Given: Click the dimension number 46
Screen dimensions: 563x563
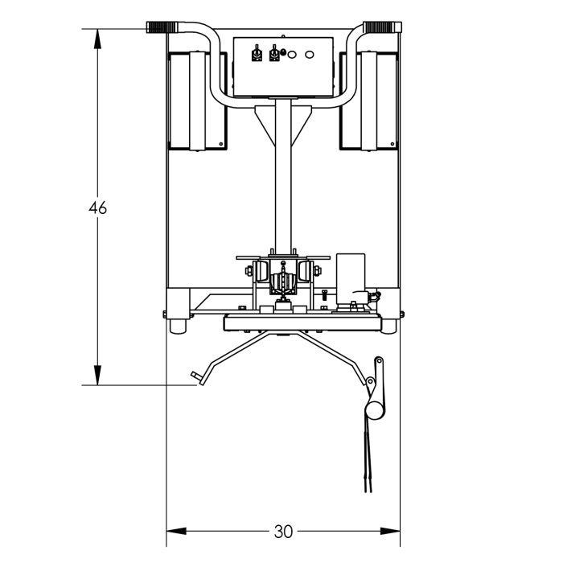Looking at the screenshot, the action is pyautogui.click(x=97, y=208).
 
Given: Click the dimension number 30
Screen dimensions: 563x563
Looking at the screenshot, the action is pyautogui.click(x=283, y=532).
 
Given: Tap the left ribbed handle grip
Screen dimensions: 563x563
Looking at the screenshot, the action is pyautogui.click(x=162, y=27).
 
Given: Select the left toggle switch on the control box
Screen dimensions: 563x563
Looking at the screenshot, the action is pyautogui.click(x=257, y=53).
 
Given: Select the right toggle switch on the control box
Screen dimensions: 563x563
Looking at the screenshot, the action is pyautogui.click(x=274, y=53).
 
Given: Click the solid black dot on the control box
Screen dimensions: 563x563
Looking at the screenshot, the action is pyautogui.click(x=282, y=52).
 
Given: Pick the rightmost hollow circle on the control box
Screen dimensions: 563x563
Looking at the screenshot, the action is pyautogui.click(x=310, y=55).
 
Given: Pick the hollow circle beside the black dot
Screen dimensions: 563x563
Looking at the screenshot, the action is pyautogui.click(x=292, y=55).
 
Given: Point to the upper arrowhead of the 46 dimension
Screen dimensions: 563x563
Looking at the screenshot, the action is pyautogui.click(x=97, y=39).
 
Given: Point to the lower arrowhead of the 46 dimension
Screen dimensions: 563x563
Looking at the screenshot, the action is pyautogui.click(x=97, y=376).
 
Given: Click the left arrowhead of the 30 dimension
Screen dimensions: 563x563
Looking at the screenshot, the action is pyautogui.click(x=176, y=531).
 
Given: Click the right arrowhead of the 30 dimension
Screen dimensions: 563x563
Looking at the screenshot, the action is pyautogui.click(x=390, y=531).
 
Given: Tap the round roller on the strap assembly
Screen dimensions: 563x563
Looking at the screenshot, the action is pyautogui.click(x=375, y=410).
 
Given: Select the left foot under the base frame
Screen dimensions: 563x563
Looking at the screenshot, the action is pyautogui.click(x=178, y=326).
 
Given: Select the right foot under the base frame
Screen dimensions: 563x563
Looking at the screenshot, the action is pyautogui.click(x=388, y=326).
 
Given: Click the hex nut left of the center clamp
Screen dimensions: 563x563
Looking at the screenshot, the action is pyautogui.click(x=249, y=270).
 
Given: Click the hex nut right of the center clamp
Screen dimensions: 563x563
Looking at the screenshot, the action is pyautogui.click(x=318, y=270).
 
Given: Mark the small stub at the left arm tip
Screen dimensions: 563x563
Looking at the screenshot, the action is pyautogui.click(x=196, y=376).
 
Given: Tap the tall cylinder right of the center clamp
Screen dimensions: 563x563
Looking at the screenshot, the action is pyautogui.click(x=351, y=279).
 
